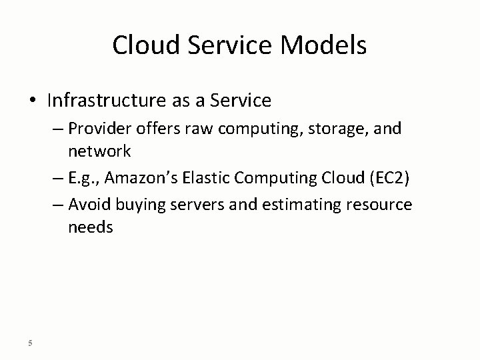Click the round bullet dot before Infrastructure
33,101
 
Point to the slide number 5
31,343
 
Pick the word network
99,151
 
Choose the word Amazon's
136,178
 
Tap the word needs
90,227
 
